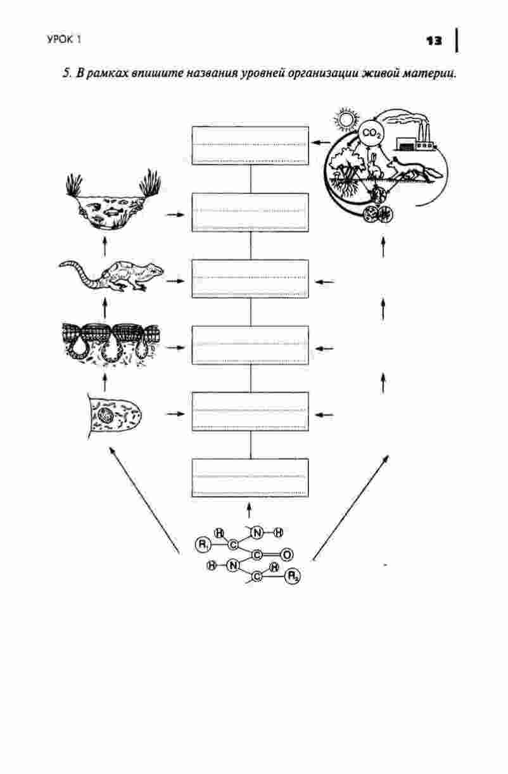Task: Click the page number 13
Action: tap(434, 41)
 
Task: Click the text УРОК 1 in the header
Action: tap(64, 40)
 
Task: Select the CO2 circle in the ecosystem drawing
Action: tap(371, 133)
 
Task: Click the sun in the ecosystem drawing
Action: tap(345, 119)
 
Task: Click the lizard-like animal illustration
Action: tap(111, 276)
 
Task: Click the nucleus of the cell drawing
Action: tap(105, 414)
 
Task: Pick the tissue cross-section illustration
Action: tap(111, 344)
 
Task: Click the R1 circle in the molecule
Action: tap(202, 544)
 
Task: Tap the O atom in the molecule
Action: tap(286, 555)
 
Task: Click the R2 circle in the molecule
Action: tap(293, 576)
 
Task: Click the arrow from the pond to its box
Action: tap(175, 215)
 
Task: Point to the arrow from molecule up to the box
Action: tap(249, 511)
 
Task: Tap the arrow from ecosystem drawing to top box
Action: tap(321, 143)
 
